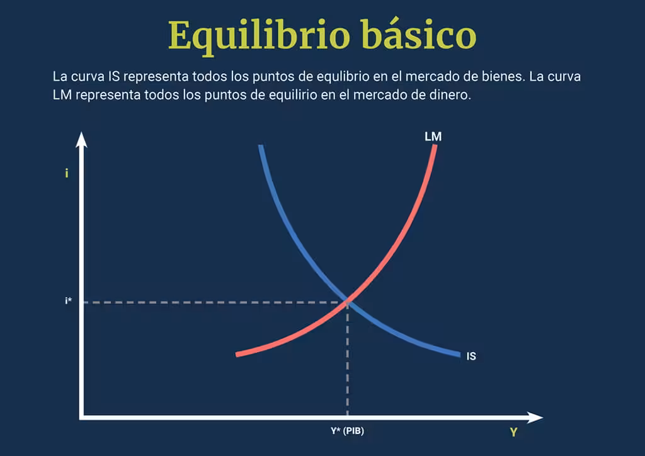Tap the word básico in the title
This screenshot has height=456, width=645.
(x=419, y=34)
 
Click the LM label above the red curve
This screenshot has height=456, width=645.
(x=433, y=137)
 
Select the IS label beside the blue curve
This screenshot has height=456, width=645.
(x=471, y=356)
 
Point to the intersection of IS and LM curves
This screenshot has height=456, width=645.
(x=348, y=302)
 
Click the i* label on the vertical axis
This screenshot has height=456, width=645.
(x=68, y=300)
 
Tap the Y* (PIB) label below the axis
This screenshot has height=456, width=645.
(x=348, y=431)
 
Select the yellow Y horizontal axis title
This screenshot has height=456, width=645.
(x=513, y=432)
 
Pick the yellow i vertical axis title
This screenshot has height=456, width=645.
(x=67, y=173)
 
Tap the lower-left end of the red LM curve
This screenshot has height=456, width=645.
(x=237, y=355)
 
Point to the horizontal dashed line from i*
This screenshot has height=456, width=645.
(x=214, y=302)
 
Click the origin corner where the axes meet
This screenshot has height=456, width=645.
(x=81, y=418)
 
